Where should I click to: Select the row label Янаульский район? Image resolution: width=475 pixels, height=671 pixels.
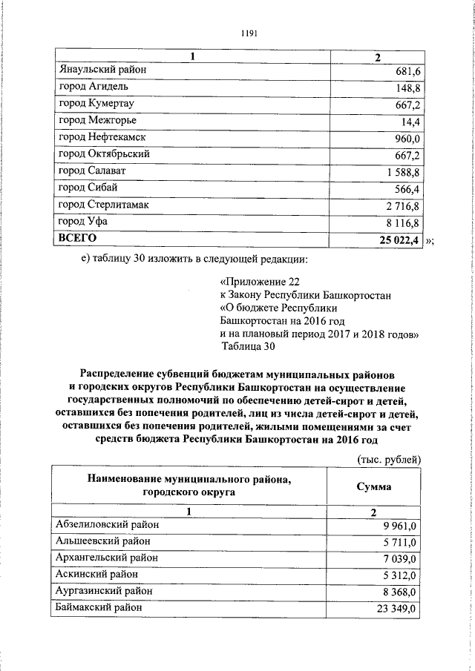click(102, 70)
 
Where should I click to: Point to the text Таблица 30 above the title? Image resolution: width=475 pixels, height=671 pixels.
click(248, 346)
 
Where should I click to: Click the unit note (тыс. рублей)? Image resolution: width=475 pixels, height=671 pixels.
click(390, 460)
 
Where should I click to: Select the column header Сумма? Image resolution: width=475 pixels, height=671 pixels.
click(374, 487)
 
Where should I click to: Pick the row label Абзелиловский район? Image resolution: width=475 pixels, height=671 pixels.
click(107, 524)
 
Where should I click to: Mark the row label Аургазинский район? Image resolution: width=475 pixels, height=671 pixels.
click(104, 591)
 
